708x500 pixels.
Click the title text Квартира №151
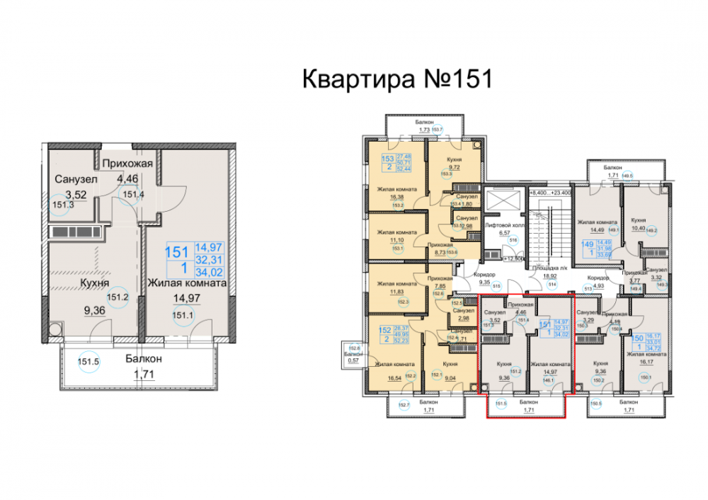click(x=396, y=79)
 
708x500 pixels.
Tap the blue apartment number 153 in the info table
click(x=387, y=159)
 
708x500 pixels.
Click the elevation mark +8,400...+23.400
click(x=551, y=191)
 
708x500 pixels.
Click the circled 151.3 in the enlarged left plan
click(x=62, y=205)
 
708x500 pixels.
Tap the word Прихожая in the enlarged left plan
click(x=128, y=164)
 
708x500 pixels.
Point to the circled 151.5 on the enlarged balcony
click(x=88, y=362)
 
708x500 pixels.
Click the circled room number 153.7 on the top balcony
click(x=437, y=130)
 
